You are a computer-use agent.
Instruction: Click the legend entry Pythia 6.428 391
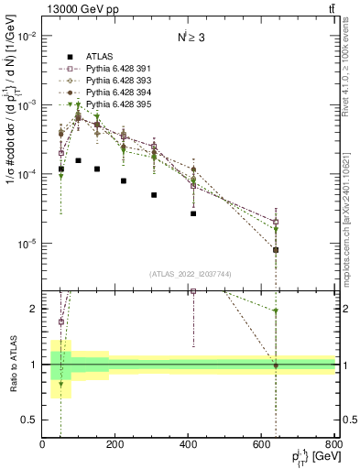tap(102, 68)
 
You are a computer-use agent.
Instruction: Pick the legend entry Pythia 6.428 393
tap(102, 81)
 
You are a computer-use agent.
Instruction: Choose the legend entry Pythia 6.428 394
tap(102, 93)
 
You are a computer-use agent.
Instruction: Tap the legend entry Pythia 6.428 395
tap(102, 105)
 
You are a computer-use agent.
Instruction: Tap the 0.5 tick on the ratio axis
tap(29, 420)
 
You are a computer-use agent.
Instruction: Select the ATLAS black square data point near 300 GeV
tap(154, 195)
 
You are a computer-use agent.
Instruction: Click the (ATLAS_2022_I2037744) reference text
tap(191, 274)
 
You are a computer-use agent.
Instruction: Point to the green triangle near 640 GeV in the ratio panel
tap(276, 311)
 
